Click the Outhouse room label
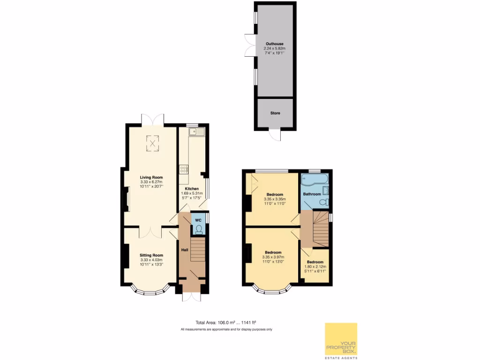(275, 44)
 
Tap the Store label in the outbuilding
(275, 113)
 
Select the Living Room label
(151, 177)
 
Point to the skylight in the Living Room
(152, 143)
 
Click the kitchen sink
(196, 132)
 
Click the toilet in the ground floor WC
(199, 229)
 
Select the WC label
(198, 220)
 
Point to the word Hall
(184, 249)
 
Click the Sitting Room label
(151, 255)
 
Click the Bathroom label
(312, 194)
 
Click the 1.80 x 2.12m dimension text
(315, 267)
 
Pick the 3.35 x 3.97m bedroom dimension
(273, 257)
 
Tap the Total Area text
(226, 322)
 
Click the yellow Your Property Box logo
(341, 339)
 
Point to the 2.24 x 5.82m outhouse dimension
(275, 48)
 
